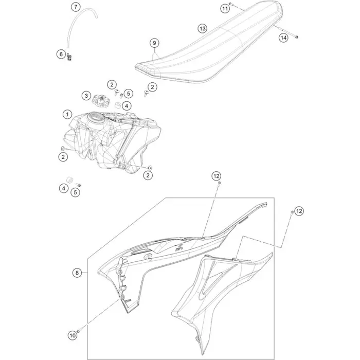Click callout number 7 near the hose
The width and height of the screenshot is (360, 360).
(76, 7)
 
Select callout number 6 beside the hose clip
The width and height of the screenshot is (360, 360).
(61, 54)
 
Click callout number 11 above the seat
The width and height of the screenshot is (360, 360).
(225, 8)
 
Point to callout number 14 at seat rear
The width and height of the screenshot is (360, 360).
(283, 38)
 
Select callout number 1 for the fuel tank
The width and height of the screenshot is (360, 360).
(66, 114)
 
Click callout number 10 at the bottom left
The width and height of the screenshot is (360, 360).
(72, 335)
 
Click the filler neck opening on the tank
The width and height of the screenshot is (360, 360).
(95, 122)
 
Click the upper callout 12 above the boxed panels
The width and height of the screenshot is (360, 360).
(217, 176)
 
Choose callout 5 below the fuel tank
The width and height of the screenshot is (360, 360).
(75, 193)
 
